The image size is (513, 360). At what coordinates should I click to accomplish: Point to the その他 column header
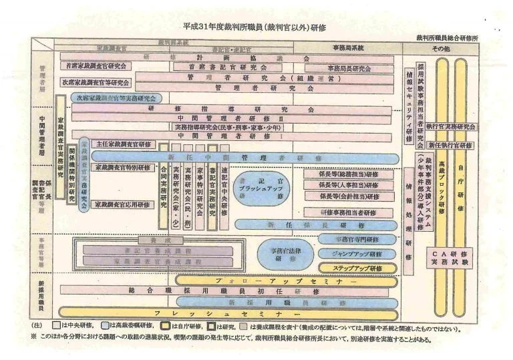coord(442,49)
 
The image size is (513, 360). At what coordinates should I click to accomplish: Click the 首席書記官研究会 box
coord(227,68)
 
